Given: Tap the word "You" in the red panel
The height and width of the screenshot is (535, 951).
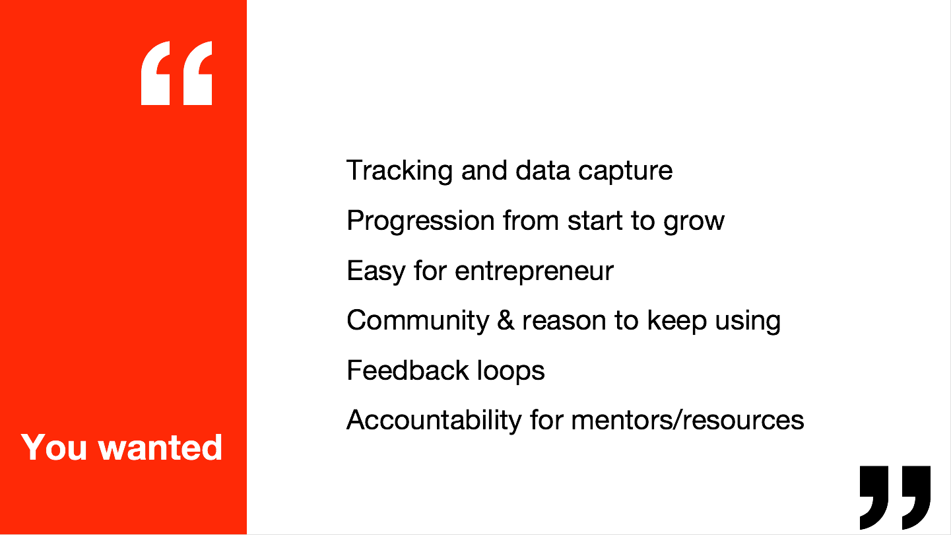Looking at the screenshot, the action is [54, 447].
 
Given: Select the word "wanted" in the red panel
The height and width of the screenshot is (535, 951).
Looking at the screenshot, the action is [160, 447].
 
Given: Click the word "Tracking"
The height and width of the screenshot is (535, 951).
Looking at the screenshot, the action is [399, 171].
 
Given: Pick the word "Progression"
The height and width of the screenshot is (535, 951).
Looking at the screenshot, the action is [420, 221].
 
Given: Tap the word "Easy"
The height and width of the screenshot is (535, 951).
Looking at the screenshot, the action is [376, 271].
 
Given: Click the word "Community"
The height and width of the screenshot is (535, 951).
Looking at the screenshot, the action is [418, 321].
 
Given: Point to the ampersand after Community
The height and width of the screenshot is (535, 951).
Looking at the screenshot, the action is [506, 320].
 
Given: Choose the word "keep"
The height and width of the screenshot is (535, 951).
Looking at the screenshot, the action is [676, 321].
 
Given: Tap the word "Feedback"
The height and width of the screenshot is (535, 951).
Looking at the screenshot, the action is [408, 370].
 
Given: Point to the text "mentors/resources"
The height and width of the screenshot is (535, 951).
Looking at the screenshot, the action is [688, 421].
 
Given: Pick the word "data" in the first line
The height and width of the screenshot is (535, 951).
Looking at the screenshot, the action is [542, 171].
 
